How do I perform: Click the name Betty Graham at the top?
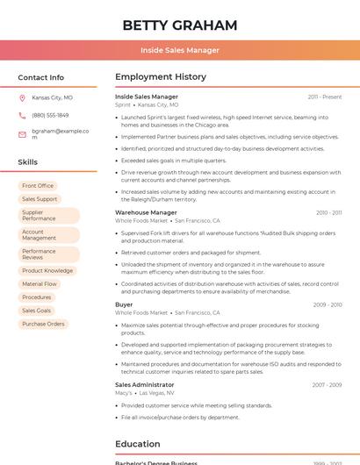coord(180,25)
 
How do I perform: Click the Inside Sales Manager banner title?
coord(180,50)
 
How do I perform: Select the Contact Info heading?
coord(40,77)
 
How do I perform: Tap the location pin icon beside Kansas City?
coord(22,98)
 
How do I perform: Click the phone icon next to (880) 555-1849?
coord(22,115)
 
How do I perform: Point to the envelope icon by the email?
coord(22,133)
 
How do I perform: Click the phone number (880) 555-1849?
coord(50,115)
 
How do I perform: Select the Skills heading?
coord(28,162)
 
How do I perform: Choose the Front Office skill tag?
coord(38,186)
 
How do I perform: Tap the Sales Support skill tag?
coord(40,199)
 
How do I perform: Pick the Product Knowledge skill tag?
coord(47,271)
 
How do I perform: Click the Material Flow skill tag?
coord(40,284)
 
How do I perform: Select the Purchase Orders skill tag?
coord(43,324)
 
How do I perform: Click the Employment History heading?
coord(161,77)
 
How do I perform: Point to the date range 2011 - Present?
coord(324,97)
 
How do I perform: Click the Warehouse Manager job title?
coord(146,212)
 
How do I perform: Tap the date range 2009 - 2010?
coord(327,304)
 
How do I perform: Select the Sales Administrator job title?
coord(145,384)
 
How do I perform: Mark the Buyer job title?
coord(124,304)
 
